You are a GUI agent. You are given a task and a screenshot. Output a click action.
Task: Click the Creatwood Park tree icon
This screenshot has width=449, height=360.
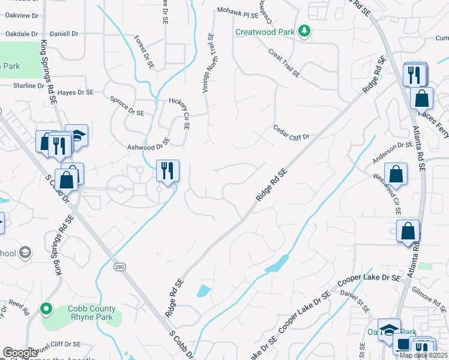click(x=305, y=31)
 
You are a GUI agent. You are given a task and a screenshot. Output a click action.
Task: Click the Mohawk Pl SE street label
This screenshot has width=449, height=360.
click(x=238, y=11)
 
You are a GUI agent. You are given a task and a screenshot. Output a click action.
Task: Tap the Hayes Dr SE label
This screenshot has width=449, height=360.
click(x=76, y=92)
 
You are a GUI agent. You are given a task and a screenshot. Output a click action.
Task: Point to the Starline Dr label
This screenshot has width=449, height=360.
click(x=26, y=86)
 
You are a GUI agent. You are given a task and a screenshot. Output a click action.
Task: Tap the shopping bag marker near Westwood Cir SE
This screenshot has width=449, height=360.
click(x=396, y=173)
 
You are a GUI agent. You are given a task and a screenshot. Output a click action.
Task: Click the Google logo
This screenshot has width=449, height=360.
click(x=20, y=353)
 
